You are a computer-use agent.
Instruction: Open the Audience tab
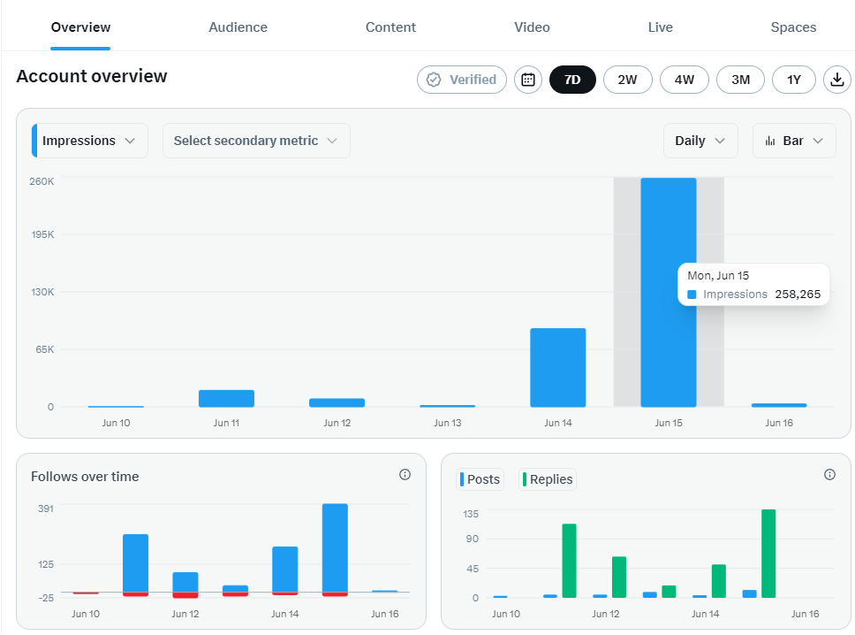pos(238,27)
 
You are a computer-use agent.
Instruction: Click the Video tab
pos(532,27)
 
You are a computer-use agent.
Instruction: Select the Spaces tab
pos(793,27)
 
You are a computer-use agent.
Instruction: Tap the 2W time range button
pos(628,80)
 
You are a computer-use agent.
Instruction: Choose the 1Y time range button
pos(794,80)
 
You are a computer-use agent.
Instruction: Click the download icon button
pos(837,80)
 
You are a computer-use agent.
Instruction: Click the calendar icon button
pos(528,80)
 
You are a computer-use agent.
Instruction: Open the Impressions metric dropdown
pos(90,141)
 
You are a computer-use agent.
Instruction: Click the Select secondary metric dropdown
pos(256,141)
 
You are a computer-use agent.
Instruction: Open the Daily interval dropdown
pos(700,141)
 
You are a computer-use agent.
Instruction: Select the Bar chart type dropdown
pos(794,141)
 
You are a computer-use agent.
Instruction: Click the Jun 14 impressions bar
pos(558,367)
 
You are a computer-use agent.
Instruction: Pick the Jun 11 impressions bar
pos(226,399)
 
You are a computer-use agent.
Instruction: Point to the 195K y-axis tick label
pos(42,234)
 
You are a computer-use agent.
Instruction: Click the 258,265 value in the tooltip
pos(798,295)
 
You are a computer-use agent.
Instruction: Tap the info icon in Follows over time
pos(405,474)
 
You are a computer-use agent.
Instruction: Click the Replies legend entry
pos(548,479)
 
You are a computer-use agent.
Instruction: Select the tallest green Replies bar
pos(768,554)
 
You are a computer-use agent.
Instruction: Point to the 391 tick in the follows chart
pos(46,509)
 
